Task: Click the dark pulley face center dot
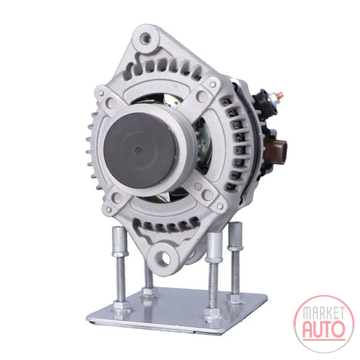[x=138, y=150]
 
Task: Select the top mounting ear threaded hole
[x=146, y=37]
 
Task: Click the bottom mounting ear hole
[x=165, y=257]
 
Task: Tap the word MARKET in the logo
[x=324, y=313]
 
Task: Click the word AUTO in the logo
[x=324, y=329]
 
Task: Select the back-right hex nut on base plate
[x=235, y=298]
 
